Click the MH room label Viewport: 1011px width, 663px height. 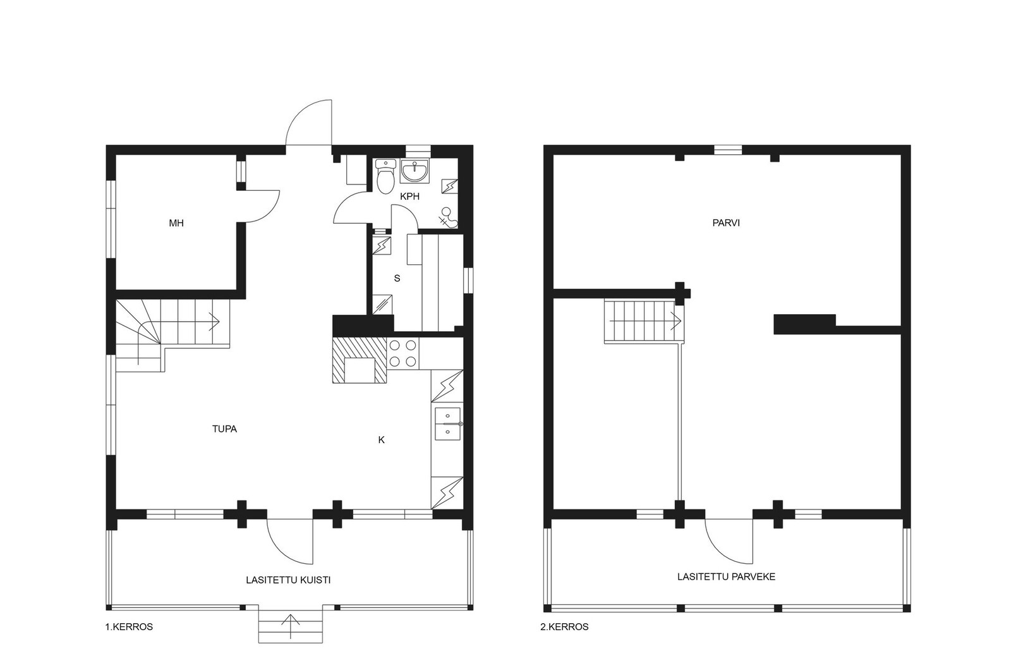[x=176, y=223]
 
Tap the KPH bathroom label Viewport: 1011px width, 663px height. [x=410, y=197]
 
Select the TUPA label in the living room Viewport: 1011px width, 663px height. [x=224, y=429]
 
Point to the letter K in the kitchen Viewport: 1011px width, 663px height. [x=382, y=440]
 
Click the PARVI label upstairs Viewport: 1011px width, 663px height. [x=726, y=223]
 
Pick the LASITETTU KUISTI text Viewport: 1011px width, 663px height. [x=288, y=580]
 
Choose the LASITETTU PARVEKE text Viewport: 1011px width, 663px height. [x=726, y=577]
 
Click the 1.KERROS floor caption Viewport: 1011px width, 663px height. [x=129, y=627]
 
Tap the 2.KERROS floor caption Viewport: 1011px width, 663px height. [x=565, y=627]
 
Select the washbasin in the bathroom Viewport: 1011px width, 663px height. [x=415, y=171]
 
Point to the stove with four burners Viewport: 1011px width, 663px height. [x=403, y=353]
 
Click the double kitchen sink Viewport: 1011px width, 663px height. [x=448, y=424]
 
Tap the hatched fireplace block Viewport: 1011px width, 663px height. [x=360, y=360]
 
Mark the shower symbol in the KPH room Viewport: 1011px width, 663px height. [x=448, y=217]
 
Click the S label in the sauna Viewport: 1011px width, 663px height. [x=397, y=279]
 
